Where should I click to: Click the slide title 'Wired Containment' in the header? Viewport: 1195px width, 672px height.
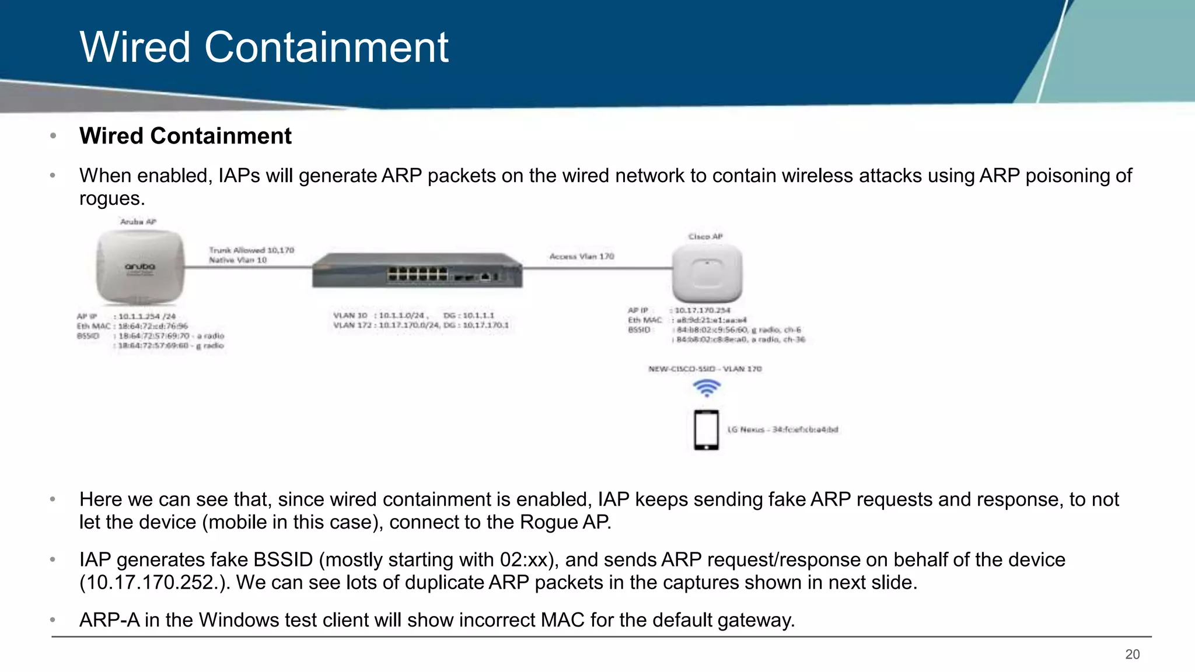tap(264, 47)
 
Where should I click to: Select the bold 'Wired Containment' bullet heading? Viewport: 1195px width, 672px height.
tap(185, 136)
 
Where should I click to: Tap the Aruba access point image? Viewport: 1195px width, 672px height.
tap(140, 267)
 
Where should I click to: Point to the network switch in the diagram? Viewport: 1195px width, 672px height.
tap(417, 271)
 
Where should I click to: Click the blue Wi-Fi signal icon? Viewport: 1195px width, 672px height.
tap(707, 388)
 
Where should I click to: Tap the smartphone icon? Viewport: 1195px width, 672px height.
tap(706, 430)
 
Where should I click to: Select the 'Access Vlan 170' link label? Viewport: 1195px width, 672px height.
tap(582, 256)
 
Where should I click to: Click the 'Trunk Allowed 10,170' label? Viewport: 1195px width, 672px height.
tap(251, 250)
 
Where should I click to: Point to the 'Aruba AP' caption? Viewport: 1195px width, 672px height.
tap(138, 222)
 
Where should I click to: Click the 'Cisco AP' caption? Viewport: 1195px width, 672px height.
tap(705, 236)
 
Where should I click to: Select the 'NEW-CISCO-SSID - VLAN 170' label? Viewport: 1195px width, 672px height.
tap(705, 369)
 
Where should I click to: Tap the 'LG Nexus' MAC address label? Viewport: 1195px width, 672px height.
tap(782, 429)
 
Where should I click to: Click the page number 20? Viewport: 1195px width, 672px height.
tap(1132, 654)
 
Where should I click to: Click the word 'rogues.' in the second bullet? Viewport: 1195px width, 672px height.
tap(112, 199)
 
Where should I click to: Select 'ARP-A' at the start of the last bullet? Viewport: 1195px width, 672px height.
tap(109, 619)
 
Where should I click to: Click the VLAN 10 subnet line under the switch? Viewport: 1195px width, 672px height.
tap(413, 315)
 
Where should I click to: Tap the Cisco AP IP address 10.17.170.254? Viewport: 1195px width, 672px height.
tap(702, 310)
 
